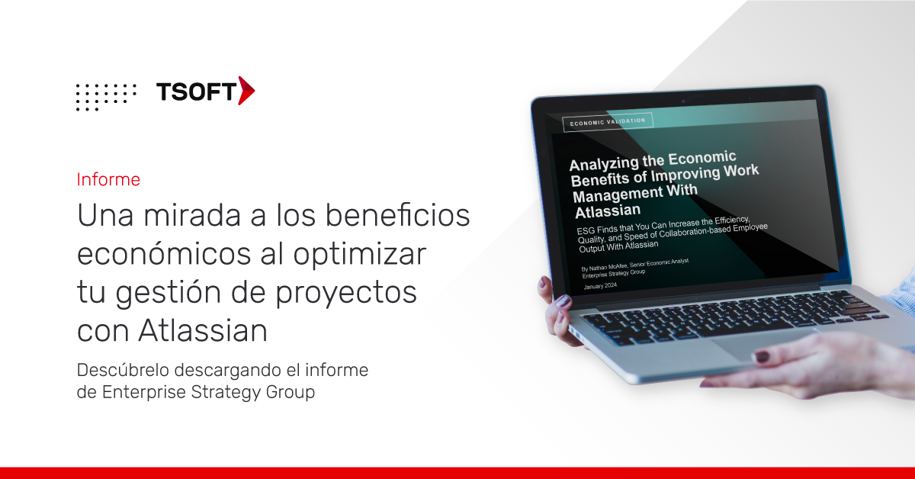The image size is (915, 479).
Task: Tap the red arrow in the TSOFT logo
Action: coord(246,91)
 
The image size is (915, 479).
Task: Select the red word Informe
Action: coord(108,180)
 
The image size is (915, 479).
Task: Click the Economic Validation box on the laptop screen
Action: coord(607,121)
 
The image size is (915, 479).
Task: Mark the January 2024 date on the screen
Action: coord(600,286)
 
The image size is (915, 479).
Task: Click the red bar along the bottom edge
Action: coord(457,473)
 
